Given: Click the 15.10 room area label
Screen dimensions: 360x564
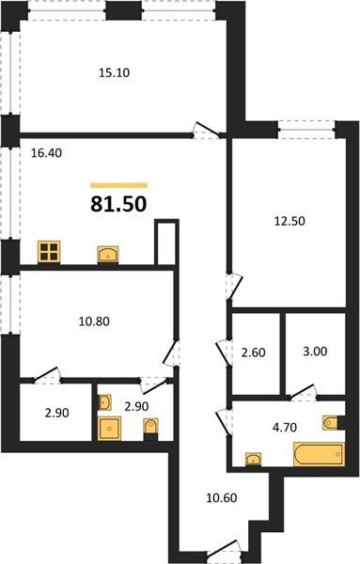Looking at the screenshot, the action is point(114,72).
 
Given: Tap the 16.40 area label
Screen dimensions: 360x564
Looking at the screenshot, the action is point(46,153).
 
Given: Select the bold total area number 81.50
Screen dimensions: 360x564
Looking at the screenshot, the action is point(118,204).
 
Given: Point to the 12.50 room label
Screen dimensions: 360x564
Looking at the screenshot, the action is point(290,221).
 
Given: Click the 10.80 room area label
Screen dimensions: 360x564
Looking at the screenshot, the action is point(94,321).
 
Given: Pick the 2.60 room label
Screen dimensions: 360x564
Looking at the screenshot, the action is point(253,352).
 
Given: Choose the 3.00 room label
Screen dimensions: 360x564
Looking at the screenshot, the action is point(315,351).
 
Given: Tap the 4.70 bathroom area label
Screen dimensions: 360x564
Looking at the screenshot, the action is point(285,428).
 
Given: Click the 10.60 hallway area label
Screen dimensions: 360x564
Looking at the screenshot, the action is point(222,498).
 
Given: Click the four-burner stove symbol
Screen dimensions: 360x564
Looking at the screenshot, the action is point(49,251).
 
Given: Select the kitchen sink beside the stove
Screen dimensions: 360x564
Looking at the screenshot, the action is point(108,255).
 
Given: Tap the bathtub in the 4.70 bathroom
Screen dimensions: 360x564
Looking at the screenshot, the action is point(319,454).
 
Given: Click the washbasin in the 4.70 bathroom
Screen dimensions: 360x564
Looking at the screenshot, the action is point(253,459).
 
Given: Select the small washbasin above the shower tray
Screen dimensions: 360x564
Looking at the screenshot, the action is point(104,402).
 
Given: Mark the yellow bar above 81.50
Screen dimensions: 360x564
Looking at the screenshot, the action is point(118,185).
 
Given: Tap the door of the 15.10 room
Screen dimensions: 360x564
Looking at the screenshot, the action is point(207,131).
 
